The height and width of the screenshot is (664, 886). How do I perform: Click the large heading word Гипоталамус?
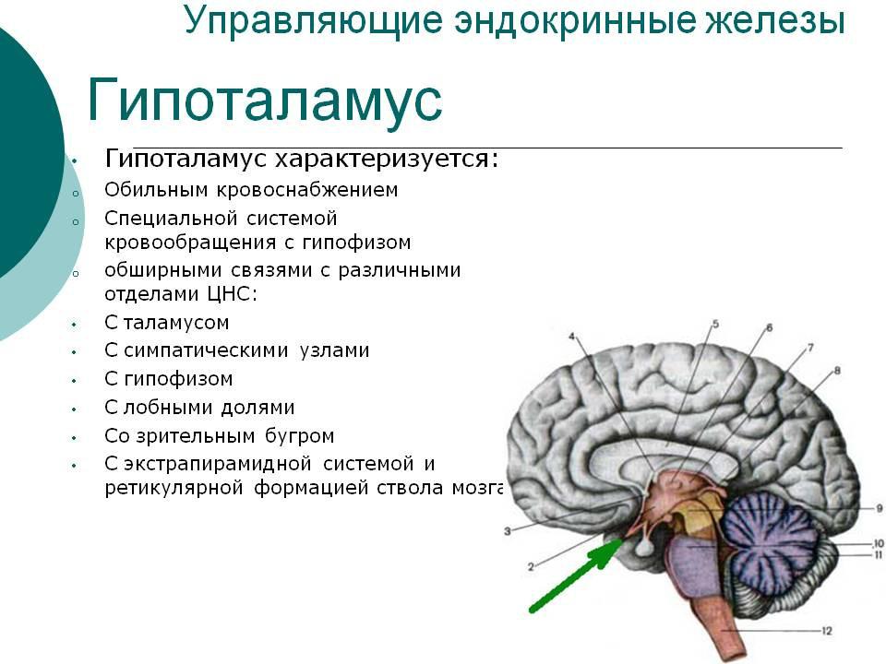265,101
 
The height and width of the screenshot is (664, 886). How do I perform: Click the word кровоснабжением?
307,190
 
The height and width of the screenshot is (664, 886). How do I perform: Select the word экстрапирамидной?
218,464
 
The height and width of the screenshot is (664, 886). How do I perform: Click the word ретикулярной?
174,488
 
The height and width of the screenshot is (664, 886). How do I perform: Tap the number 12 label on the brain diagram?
827,631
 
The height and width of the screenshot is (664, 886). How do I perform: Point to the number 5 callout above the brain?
715,324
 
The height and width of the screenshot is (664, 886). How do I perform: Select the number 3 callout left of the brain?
508,531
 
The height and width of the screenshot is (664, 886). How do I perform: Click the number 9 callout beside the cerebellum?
880,508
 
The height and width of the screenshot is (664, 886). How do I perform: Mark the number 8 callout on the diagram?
837,371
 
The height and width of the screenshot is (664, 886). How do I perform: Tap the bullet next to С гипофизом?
74,381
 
